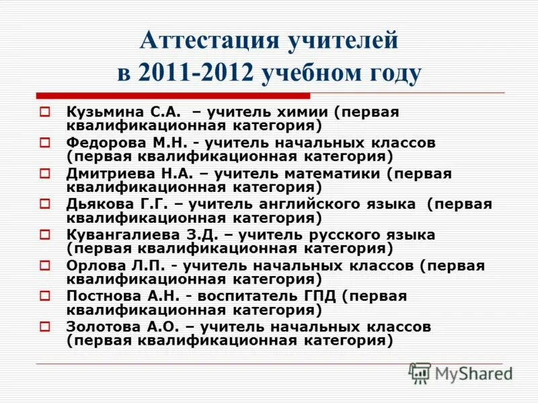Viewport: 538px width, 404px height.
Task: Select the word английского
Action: coord(307,205)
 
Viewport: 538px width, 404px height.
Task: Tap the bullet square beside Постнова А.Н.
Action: coord(45,297)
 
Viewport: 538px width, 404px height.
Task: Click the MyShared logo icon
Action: coord(420,373)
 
